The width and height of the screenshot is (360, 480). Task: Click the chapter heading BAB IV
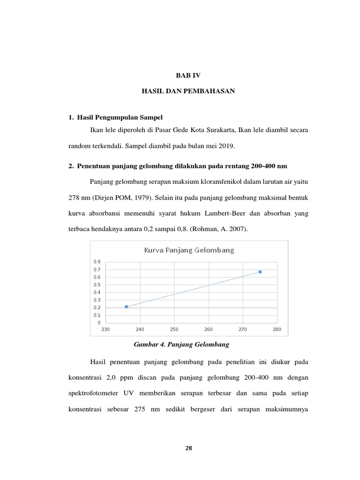[187, 75]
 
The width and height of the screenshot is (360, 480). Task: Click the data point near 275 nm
[260, 272]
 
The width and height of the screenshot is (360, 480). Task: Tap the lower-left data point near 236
[127, 307]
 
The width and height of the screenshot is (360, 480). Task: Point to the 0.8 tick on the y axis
[97, 262]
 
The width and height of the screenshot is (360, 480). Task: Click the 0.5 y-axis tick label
[97, 285]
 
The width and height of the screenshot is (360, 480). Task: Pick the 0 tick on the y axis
[98, 323]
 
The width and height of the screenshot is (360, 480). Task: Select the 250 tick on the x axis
[174, 329]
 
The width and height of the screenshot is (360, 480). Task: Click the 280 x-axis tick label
[277, 329]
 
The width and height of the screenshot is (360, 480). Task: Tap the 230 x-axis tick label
[105, 329]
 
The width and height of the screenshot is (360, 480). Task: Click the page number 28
[188, 448]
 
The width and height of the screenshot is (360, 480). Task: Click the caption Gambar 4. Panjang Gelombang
[181, 345]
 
